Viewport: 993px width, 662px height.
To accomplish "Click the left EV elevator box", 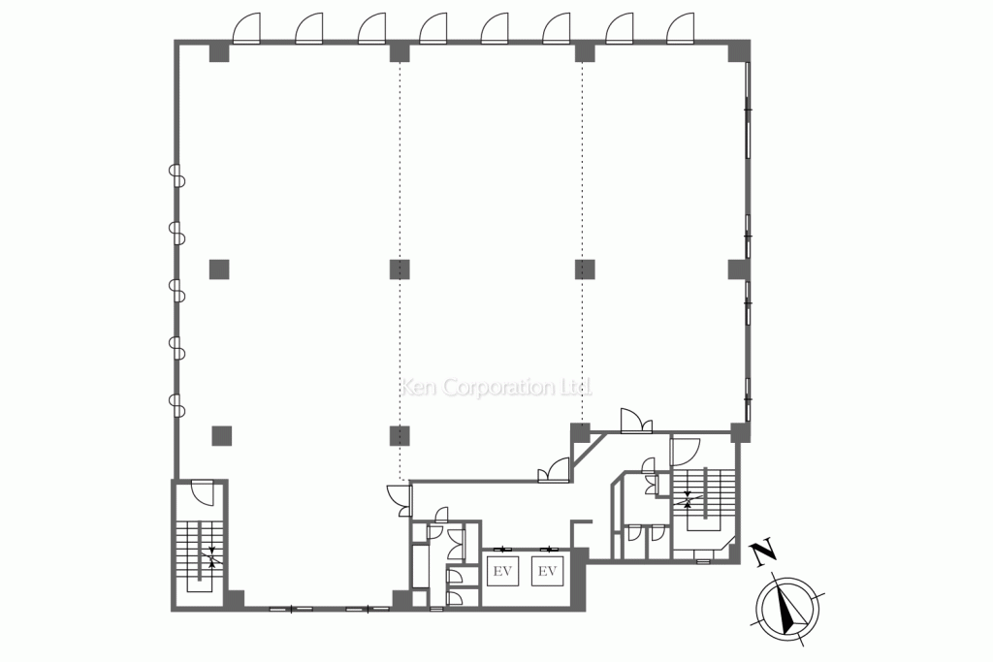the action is (x=502, y=571).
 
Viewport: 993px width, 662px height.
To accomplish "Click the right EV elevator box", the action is (x=547, y=571).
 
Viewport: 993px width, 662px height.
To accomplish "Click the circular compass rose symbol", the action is (x=787, y=609).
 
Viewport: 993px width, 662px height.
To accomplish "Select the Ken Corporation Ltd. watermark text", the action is (x=497, y=387).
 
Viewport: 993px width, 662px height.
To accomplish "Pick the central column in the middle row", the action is (x=400, y=269).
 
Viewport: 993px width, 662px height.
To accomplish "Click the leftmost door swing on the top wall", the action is (x=246, y=28).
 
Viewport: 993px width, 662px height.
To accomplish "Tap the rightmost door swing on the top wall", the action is (x=680, y=28).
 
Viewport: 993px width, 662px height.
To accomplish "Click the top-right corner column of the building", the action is (x=738, y=51).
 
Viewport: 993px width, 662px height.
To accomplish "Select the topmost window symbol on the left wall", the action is (x=176, y=175).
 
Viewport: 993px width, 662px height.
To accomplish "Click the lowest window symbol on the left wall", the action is (x=176, y=405).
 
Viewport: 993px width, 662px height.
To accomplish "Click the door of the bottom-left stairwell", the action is (x=204, y=493).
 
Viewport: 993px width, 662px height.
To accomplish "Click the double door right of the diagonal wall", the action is (x=636, y=422).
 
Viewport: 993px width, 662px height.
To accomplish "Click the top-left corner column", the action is (x=219, y=52).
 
